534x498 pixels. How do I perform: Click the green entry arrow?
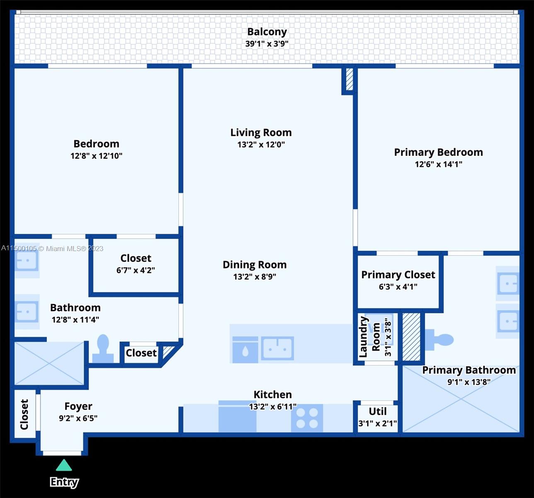click(64, 465)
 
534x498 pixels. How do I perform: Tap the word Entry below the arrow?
click(64, 482)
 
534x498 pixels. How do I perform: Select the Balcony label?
click(267, 32)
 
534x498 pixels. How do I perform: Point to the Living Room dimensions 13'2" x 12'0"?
click(261, 144)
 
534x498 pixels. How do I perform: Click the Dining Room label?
click(255, 265)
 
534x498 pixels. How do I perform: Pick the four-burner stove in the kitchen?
click(307, 418)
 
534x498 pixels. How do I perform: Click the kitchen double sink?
click(277, 348)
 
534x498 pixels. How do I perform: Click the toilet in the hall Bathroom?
click(103, 349)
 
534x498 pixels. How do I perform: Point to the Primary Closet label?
click(398, 275)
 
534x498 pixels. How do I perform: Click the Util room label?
click(378, 412)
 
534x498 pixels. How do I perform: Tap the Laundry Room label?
click(369, 337)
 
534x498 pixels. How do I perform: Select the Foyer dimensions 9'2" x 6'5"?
click(78, 418)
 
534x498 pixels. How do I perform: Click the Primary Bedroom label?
click(438, 152)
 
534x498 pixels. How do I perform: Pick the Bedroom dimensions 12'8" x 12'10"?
click(96, 156)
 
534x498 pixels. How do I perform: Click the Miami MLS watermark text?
click(52, 249)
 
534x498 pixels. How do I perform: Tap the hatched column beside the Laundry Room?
click(411, 337)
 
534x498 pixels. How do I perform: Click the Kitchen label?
click(273, 395)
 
